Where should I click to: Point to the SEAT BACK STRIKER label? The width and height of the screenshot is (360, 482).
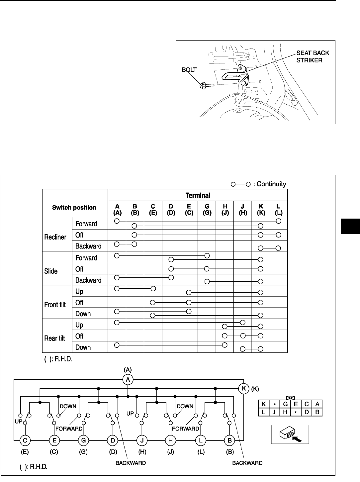[x=313, y=57]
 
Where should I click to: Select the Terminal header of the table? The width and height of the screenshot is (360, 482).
[x=198, y=195]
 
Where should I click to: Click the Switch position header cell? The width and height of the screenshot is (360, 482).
[x=74, y=208]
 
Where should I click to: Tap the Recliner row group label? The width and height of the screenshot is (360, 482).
[x=55, y=238]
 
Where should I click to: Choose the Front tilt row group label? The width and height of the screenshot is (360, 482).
[x=55, y=305]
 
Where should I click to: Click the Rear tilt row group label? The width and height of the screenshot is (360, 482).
[x=55, y=338]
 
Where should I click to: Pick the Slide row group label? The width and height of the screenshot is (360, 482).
[x=51, y=271]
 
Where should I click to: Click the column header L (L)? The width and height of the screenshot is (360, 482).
[x=279, y=210]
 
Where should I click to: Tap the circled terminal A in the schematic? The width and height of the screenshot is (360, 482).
[x=128, y=379]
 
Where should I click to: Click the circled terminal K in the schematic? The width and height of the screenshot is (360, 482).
[x=244, y=388]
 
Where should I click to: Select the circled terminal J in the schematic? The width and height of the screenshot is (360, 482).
[x=142, y=440]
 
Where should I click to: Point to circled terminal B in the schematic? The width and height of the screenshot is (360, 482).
[x=229, y=440]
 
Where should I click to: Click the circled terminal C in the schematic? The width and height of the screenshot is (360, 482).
[x=25, y=440]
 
